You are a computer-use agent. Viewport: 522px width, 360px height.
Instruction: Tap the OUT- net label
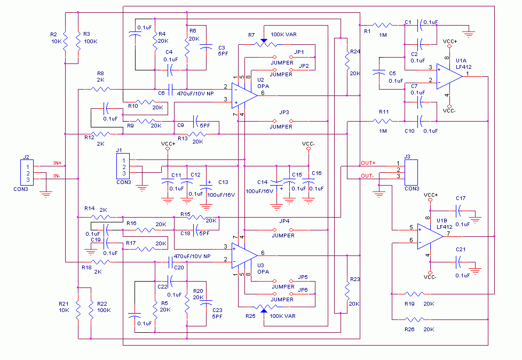click(368, 176)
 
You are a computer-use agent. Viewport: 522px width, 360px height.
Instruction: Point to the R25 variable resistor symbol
click(263, 307)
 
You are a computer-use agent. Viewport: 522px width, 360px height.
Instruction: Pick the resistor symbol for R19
click(414, 293)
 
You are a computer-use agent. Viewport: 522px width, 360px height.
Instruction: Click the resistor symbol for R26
click(414, 319)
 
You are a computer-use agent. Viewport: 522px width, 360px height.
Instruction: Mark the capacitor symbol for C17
click(460, 209)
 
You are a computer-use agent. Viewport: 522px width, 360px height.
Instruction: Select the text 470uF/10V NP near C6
click(210, 93)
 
